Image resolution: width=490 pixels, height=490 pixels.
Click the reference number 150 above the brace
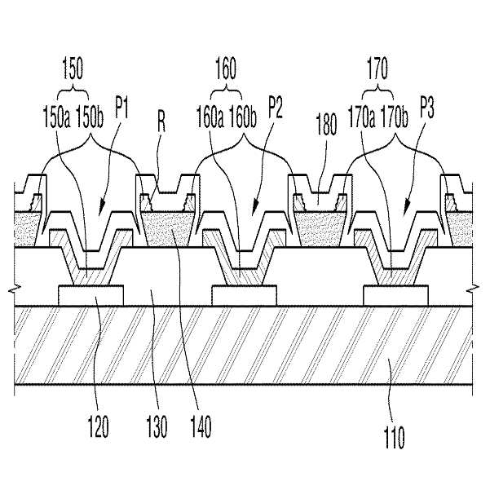[x=73, y=68]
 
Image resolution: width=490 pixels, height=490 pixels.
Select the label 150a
[x=56, y=117]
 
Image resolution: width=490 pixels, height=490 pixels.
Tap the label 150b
[x=90, y=117]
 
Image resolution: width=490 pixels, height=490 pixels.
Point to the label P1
[x=121, y=108]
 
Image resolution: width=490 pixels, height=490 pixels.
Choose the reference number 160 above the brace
[x=226, y=68]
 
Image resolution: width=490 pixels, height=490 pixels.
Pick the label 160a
[x=210, y=117]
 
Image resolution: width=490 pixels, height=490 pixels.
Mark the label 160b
[x=243, y=117]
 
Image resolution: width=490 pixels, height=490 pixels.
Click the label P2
[x=276, y=108]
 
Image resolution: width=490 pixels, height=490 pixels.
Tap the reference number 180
[x=326, y=124]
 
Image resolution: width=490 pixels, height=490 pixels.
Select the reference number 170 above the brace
[x=377, y=68]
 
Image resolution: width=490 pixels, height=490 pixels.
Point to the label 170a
[x=361, y=117]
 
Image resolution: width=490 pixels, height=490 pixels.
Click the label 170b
[x=395, y=117]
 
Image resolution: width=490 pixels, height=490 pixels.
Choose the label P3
[x=427, y=108]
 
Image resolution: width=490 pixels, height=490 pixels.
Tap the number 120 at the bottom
[x=98, y=426]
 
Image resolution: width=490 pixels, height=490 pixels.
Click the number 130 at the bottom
[x=157, y=426]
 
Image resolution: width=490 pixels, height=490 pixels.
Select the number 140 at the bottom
[x=201, y=426]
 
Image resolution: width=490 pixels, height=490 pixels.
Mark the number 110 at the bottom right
[x=394, y=437]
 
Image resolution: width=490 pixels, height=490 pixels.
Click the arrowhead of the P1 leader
[x=102, y=209]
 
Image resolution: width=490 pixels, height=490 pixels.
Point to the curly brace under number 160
[x=227, y=93]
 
